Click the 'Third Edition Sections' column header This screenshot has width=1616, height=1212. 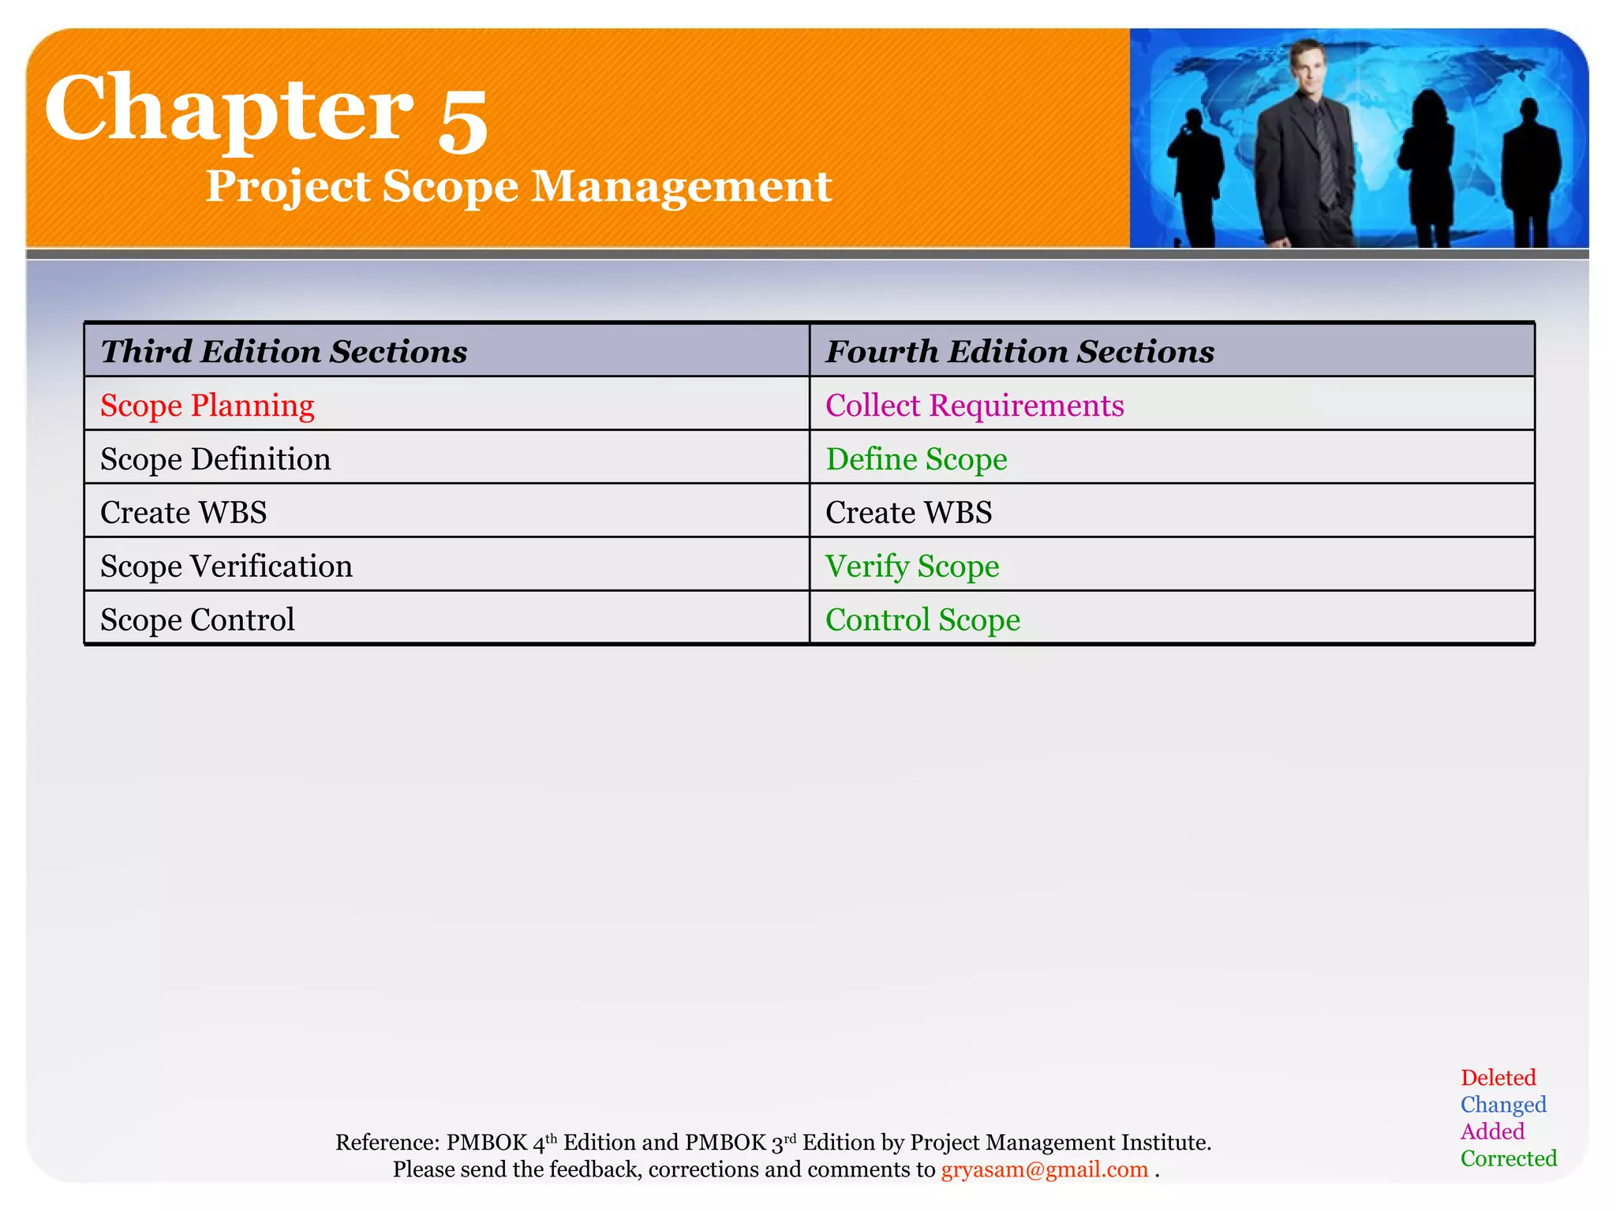(x=284, y=351)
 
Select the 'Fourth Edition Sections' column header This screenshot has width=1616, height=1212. (x=1019, y=351)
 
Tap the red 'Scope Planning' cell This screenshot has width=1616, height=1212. (x=208, y=406)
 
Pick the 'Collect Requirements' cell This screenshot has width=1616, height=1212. (x=974, y=406)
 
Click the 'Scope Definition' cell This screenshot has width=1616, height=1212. (x=215, y=459)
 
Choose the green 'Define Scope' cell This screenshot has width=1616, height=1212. (x=916, y=459)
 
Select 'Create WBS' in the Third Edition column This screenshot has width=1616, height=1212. (x=184, y=513)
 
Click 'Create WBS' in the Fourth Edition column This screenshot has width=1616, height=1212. (x=908, y=513)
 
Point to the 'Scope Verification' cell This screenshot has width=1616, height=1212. (x=226, y=567)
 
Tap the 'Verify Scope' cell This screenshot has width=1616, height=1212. (x=912, y=567)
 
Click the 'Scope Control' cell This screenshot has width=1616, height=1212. (x=197, y=620)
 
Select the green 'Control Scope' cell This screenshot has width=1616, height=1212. (x=922, y=620)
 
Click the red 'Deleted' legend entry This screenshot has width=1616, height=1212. (x=1498, y=1078)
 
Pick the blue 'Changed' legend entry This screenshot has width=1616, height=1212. (x=1503, y=1105)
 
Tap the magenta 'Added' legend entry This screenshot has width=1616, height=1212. (x=1492, y=1132)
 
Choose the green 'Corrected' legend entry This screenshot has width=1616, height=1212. (x=1509, y=1158)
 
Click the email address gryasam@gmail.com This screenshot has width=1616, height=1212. (x=1044, y=1169)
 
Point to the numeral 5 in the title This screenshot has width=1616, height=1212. (x=463, y=118)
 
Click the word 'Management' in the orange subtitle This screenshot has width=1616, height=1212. (x=682, y=187)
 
